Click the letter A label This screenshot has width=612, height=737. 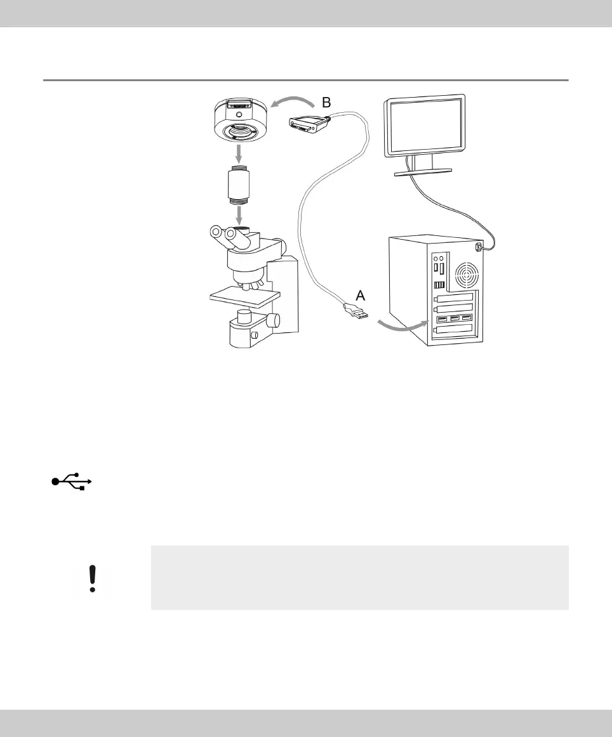359,295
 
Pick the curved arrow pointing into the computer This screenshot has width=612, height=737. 400,324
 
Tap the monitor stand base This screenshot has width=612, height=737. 423,171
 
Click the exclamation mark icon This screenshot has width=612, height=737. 93,578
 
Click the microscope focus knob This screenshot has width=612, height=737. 272,321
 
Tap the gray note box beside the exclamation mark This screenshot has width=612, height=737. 359,578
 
